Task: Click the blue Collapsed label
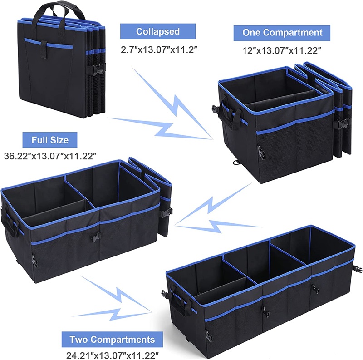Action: click(x=158, y=32)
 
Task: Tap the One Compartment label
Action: click(x=282, y=33)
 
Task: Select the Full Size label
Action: click(x=50, y=140)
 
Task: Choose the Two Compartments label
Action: click(x=112, y=339)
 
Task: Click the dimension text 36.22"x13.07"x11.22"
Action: click(x=50, y=156)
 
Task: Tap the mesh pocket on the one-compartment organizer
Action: click(x=295, y=145)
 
